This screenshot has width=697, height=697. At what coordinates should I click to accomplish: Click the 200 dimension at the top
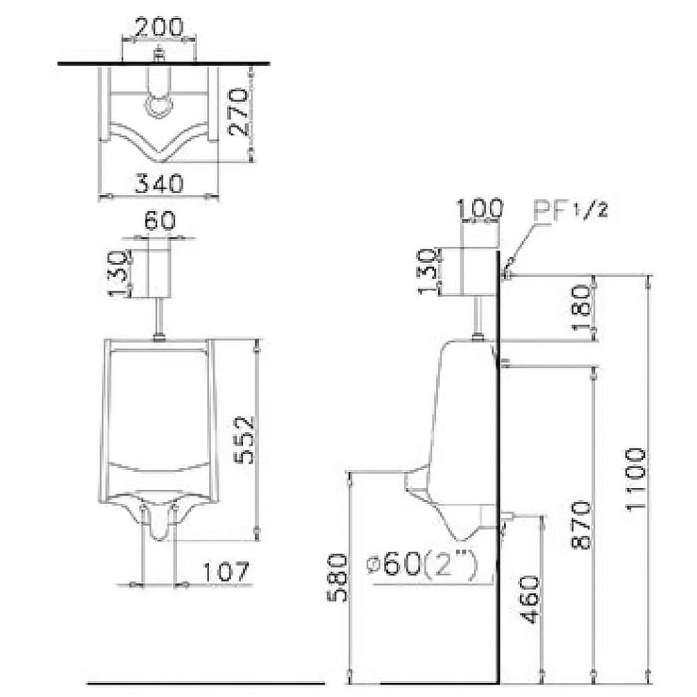[x=159, y=27]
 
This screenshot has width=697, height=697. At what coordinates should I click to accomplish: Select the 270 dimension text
[x=238, y=112]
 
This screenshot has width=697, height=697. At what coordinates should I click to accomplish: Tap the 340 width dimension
[x=159, y=183]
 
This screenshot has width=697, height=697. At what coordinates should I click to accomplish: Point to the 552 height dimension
[x=245, y=440]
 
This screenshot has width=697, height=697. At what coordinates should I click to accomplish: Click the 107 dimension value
[x=227, y=572]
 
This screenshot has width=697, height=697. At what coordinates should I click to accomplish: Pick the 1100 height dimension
[x=636, y=480]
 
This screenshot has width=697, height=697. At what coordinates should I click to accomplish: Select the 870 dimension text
[x=581, y=525]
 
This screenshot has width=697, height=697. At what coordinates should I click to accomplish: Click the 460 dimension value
[x=529, y=599]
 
